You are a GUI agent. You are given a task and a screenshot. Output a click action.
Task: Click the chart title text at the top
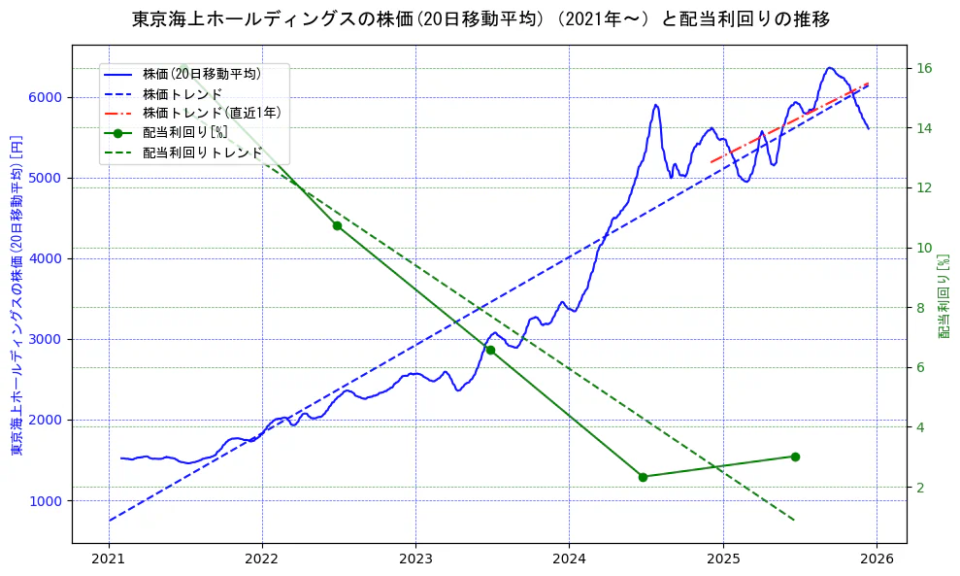click(x=480, y=18)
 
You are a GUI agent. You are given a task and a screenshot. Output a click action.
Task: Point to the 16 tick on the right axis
click(x=924, y=68)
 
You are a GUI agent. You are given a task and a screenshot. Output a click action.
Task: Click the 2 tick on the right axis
click(x=920, y=487)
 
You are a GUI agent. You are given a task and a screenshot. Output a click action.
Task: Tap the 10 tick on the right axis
click(x=924, y=248)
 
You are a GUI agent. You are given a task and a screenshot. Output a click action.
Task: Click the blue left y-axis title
click(x=16, y=294)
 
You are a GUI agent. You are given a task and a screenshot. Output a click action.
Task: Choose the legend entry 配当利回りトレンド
click(x=202, y=152)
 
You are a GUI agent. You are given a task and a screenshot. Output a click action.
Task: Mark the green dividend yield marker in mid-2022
click(x=337, y=225)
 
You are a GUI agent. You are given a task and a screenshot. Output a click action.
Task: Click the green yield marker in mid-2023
click(x=490, y=350)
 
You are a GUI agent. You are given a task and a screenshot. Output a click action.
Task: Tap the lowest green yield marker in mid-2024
click(x=643, y=477)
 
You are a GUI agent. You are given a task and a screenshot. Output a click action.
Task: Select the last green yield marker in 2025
click(x=795, y=457)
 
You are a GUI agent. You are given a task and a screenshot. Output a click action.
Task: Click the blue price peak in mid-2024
click(x=656, y=105)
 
